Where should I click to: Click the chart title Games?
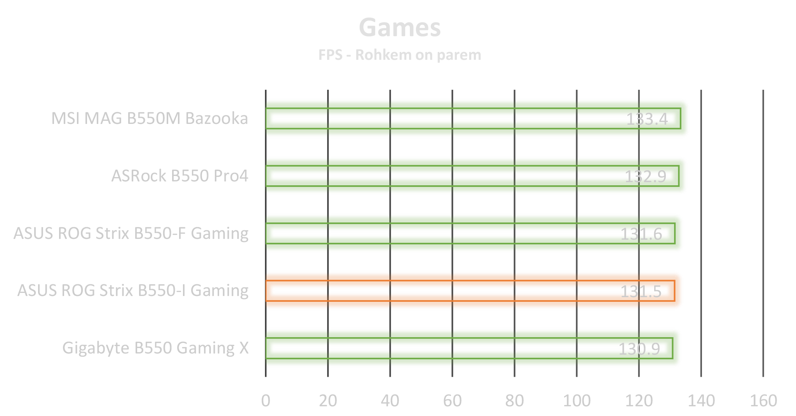pos(399,28)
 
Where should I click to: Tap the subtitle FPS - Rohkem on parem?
pos(399,55)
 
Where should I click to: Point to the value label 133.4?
pos(647,119)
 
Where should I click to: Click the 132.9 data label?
pos(645,176)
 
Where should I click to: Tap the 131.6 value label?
pos(641,234)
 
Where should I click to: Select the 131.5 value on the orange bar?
pos(641,291)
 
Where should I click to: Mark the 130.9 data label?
pos(639,349)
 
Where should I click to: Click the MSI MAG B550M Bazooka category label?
pos(150,118)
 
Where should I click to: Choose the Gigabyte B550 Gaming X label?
pos(155,348)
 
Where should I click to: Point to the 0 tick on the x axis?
pos(266,400)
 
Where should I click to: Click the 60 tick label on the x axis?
pos(452,400)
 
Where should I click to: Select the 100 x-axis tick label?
pos(577,400)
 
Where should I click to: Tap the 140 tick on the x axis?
pos(701,400)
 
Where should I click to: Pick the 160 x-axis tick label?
pos(763,400)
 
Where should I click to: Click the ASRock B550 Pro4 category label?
pos(179,176)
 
